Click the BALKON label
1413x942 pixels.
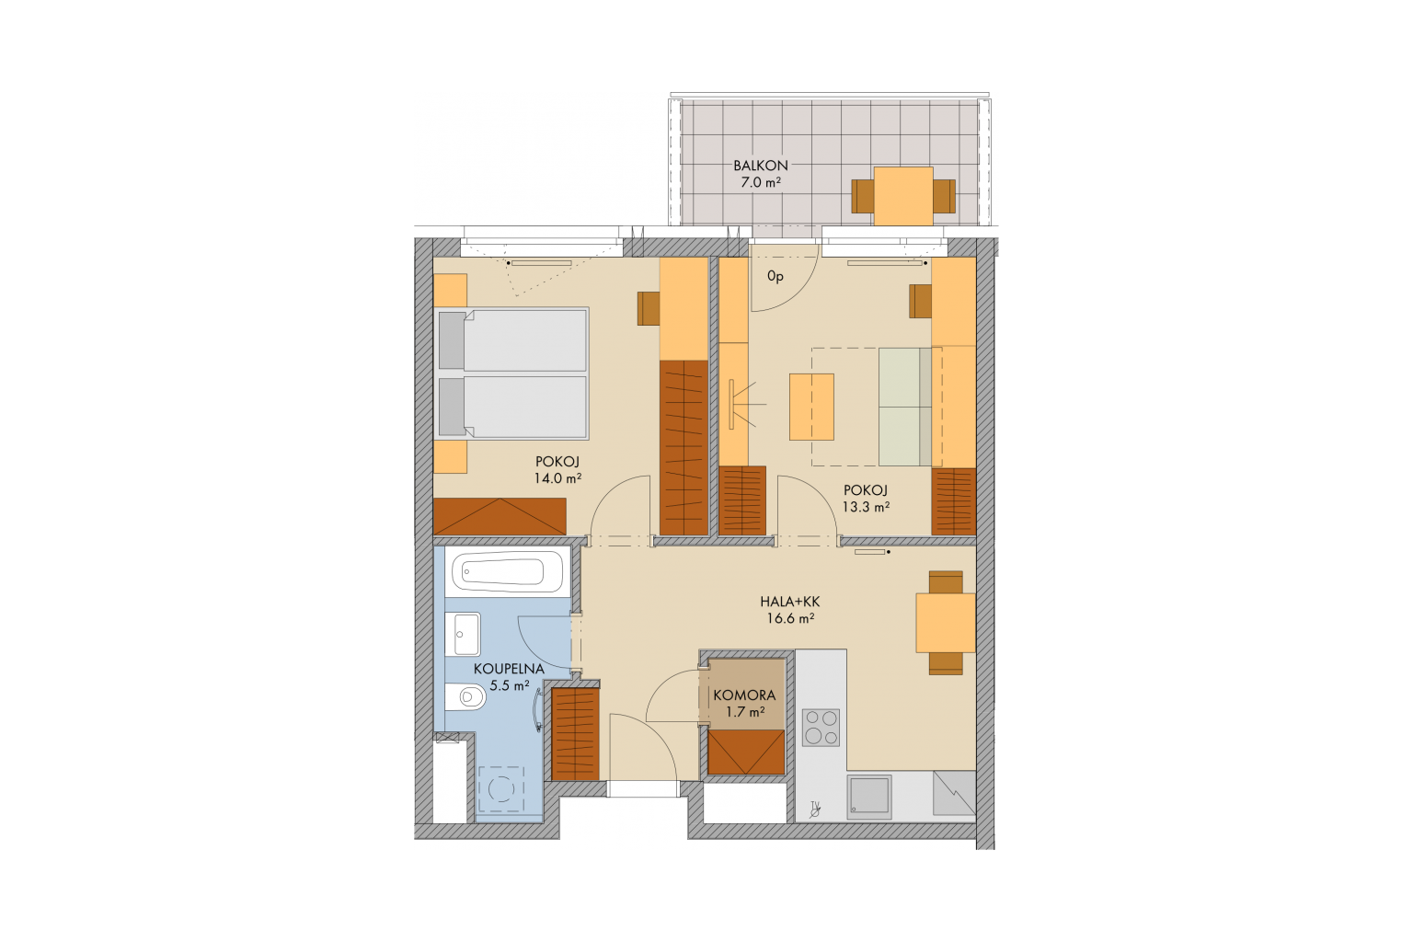coord(760,166)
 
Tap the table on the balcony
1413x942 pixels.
coord(903,196)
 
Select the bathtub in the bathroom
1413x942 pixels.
coord(507,572)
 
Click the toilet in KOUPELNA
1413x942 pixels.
coord(465,697)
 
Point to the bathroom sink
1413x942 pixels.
coord(463,634)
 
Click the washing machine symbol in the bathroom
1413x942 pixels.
coord(501,788)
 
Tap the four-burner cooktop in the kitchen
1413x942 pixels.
coord(821,728)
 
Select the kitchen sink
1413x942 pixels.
coord(869,797)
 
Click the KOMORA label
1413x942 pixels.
coord(744,695)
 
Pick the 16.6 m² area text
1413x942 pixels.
coord(790,619)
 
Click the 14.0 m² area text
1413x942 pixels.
coord(557,478)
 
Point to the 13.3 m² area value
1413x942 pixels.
coord(866,507)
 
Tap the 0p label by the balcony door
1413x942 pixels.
coord(775,276)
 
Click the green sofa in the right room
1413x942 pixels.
coord(905,407)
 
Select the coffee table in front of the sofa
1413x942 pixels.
coord(812,407)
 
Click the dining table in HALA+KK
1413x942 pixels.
coord(946,623)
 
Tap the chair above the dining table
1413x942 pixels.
coord(947,581)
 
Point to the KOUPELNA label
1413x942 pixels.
coord(509,669)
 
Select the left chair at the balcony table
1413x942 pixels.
coord(862,196)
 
